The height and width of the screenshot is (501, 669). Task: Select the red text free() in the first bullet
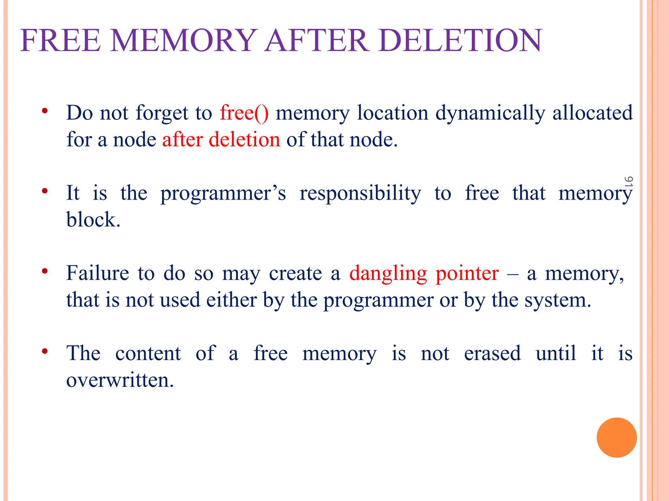244,113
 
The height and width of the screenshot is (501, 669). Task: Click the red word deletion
244,140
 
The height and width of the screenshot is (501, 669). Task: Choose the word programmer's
223,193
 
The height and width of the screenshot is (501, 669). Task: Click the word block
93,220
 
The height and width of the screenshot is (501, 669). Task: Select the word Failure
98,273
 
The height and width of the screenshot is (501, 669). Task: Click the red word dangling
388,273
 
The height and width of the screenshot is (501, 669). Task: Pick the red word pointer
467,273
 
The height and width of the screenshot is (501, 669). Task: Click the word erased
492,353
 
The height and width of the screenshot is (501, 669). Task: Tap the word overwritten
120,380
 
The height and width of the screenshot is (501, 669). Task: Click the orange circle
616,437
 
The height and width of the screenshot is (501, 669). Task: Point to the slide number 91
628,181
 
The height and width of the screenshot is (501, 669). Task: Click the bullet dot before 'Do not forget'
45,111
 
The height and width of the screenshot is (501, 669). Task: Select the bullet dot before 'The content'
45,351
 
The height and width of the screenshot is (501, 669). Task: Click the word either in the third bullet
231,300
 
